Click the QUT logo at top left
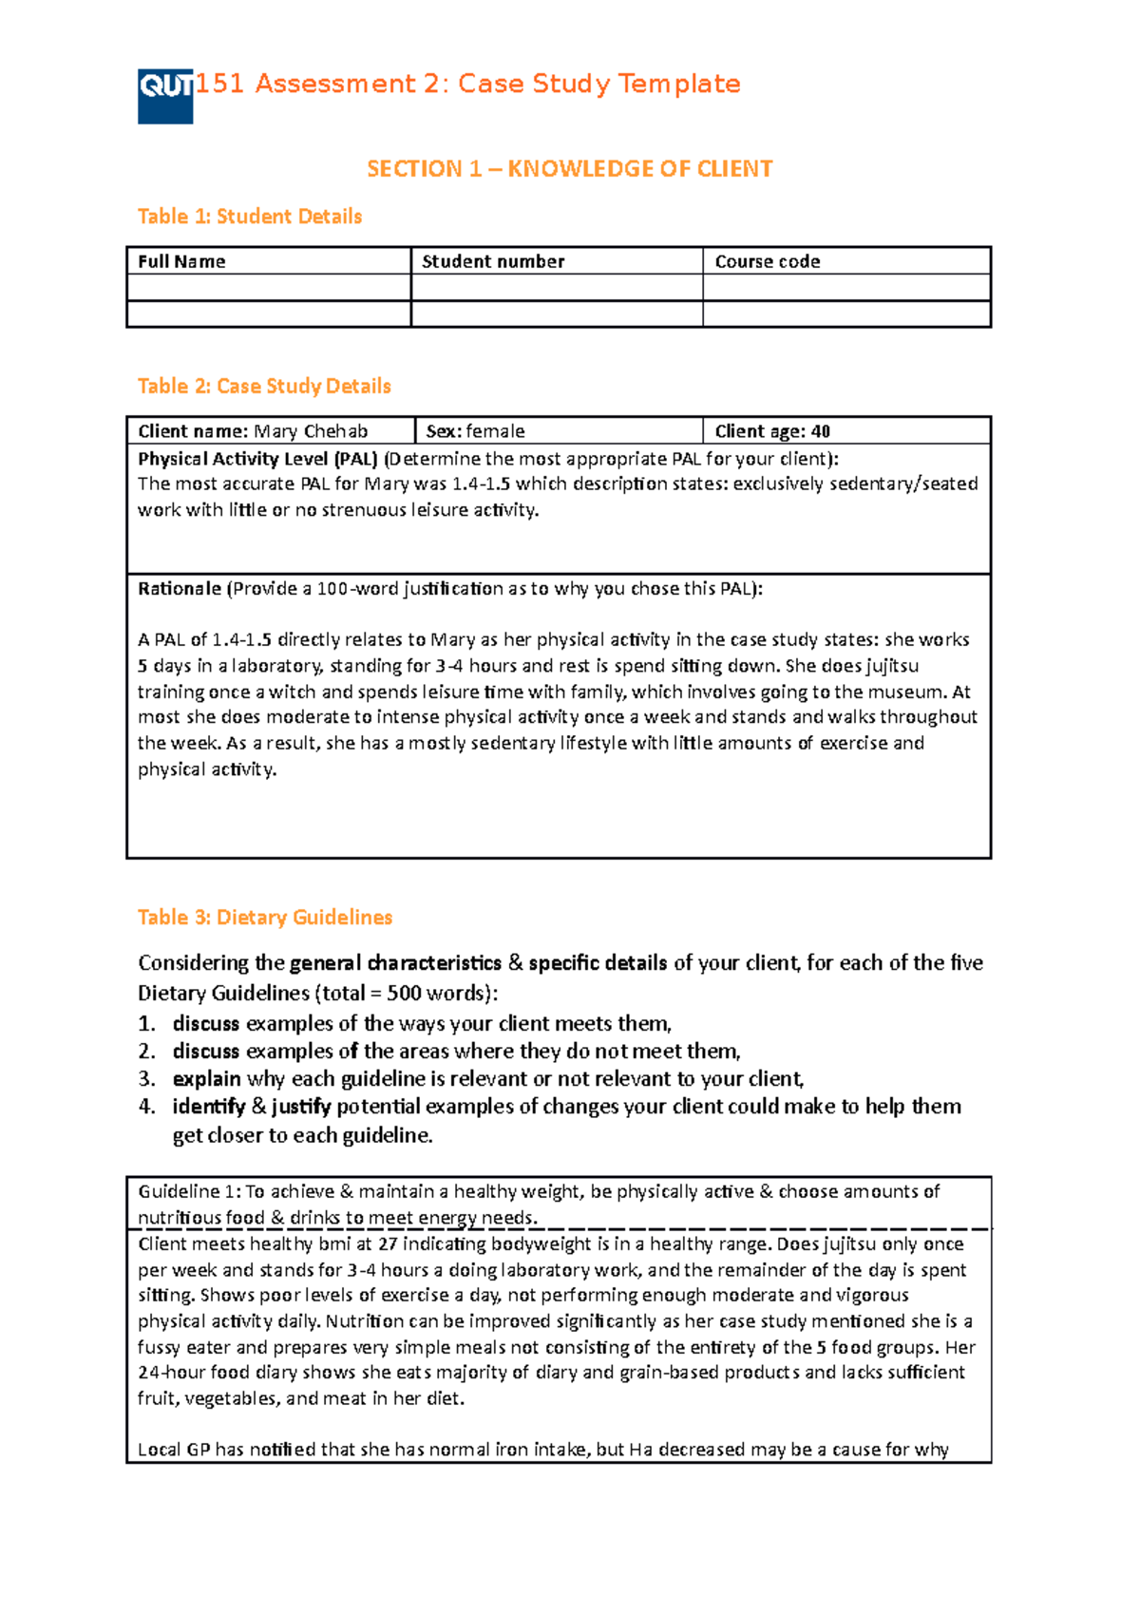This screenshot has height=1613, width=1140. pos(165,96)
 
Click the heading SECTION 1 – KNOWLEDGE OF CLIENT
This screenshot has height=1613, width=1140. pos(570,169)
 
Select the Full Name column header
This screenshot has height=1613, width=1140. pos(181,261)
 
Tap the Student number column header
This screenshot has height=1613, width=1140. pos(493,261)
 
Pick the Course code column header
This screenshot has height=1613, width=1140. pos(767,261)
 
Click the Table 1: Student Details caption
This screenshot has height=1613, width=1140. pos(250,217)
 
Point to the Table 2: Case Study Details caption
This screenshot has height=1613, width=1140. pos(264,386)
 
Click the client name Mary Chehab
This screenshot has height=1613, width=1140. pos(311,431)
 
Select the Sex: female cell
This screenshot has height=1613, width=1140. pos(475,431)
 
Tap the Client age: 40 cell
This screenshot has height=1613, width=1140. pos(772,431)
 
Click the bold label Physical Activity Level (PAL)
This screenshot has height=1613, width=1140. pos(257,459)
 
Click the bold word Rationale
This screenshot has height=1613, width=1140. pos(179,589)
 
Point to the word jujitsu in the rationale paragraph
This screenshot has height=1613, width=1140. pos(891,666)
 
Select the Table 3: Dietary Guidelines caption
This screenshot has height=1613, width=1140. pos(265,918)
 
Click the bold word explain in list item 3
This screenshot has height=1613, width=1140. pos(206,1079)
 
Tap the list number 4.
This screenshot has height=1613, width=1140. pos(145,1107)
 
